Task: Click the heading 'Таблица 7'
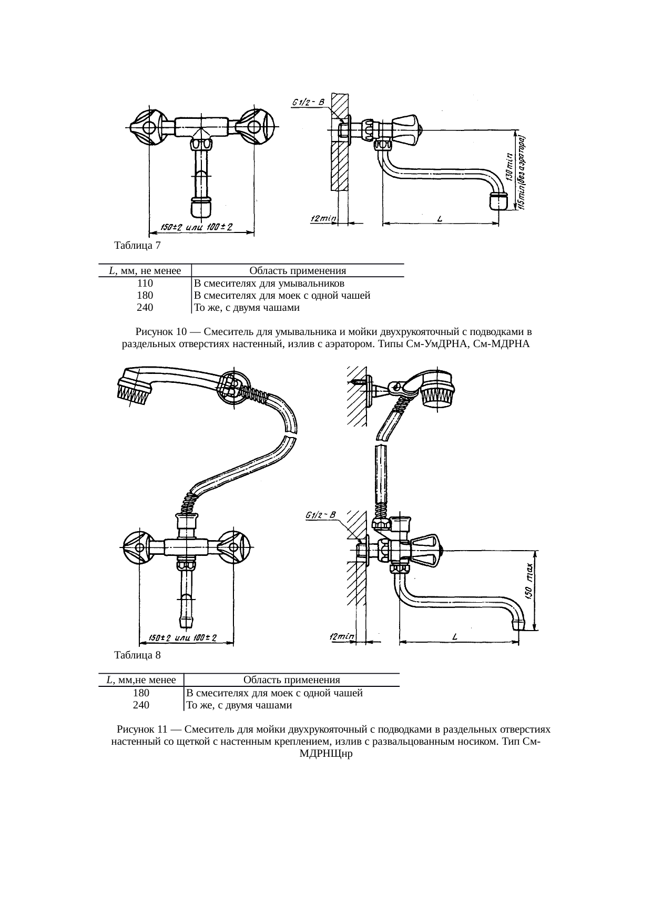[137, 245]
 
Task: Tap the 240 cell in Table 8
[141, 705]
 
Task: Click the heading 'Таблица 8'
[137, 655]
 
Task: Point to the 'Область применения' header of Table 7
[298, 271]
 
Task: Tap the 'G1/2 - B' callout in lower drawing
[321, 515]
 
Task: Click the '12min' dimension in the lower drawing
[342, 637]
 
